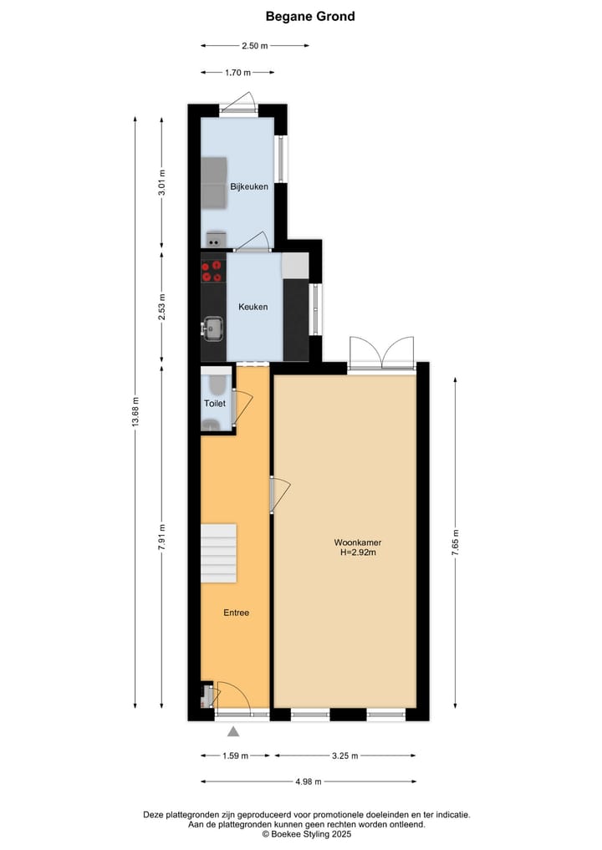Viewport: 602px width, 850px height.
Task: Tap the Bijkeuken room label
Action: click(x=249, y=186)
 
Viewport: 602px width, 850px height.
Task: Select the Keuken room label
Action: click(x=253, y=307)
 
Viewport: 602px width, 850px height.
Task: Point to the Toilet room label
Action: click(x=215, y=404)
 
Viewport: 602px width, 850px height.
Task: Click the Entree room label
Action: click(x=236, y=613)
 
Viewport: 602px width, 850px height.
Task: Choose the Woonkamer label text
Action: click(x=357, y=542)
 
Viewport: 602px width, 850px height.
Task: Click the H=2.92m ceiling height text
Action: click(x=357, y=552)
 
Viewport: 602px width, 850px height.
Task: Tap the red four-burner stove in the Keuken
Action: click(x=212, y=271)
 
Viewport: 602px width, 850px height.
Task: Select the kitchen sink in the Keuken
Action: click(x=212, y=328)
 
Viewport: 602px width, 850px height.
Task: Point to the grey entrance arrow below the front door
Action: click(x=233, y=731)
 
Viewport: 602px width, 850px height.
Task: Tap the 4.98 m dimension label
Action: click(x=309, y=782)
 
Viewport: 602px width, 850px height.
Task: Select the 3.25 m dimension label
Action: click(x=344, y=756)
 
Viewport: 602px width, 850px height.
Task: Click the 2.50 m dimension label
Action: click(x=254, y=45)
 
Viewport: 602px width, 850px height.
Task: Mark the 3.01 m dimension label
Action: click(x=162, y=181)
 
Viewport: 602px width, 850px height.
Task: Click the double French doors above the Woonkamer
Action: click(x=382, y=353)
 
